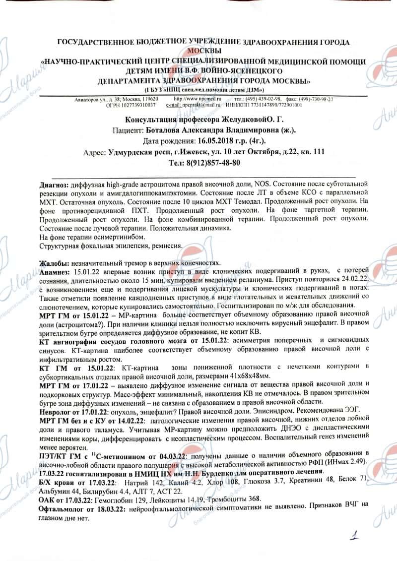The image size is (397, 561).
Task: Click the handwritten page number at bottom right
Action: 354,536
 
